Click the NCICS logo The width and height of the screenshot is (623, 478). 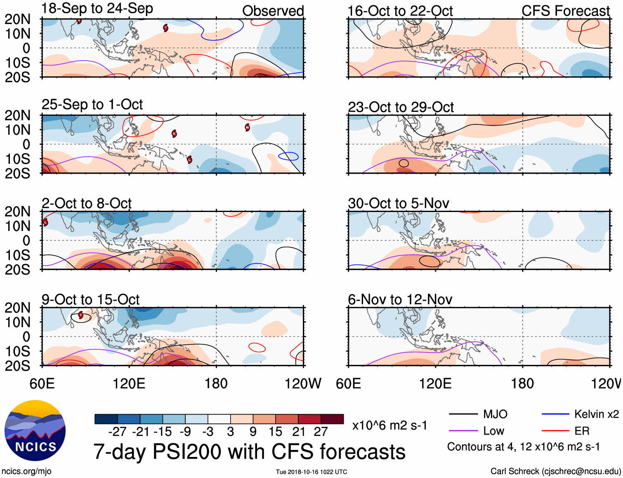pos(35,431)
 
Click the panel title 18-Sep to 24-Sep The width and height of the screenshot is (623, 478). pos(97,9)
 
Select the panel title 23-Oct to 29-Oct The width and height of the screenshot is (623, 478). pos(401,107)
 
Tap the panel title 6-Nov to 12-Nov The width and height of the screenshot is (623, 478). pos(400,299)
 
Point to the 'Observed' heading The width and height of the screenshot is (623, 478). pos(273,11)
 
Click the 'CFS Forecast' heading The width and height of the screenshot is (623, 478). pos(566,11)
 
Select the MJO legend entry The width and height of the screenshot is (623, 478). pos(478,414)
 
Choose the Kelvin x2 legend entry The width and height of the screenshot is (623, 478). pos(580,414)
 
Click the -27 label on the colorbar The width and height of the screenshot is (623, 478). pos(117,432)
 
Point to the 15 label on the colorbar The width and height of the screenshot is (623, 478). pos(275,432)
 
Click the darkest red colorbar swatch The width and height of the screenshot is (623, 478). pos(332,419)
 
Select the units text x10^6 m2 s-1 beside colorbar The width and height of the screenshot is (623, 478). pos(389,425)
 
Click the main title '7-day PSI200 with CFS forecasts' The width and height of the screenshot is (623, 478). pos(249,452)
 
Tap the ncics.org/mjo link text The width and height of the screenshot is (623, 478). pos(26,471)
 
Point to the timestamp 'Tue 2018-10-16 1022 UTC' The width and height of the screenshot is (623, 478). pos(311,472)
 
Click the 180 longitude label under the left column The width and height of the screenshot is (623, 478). pos(216,384)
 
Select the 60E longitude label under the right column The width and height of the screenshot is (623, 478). pos(348,384)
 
